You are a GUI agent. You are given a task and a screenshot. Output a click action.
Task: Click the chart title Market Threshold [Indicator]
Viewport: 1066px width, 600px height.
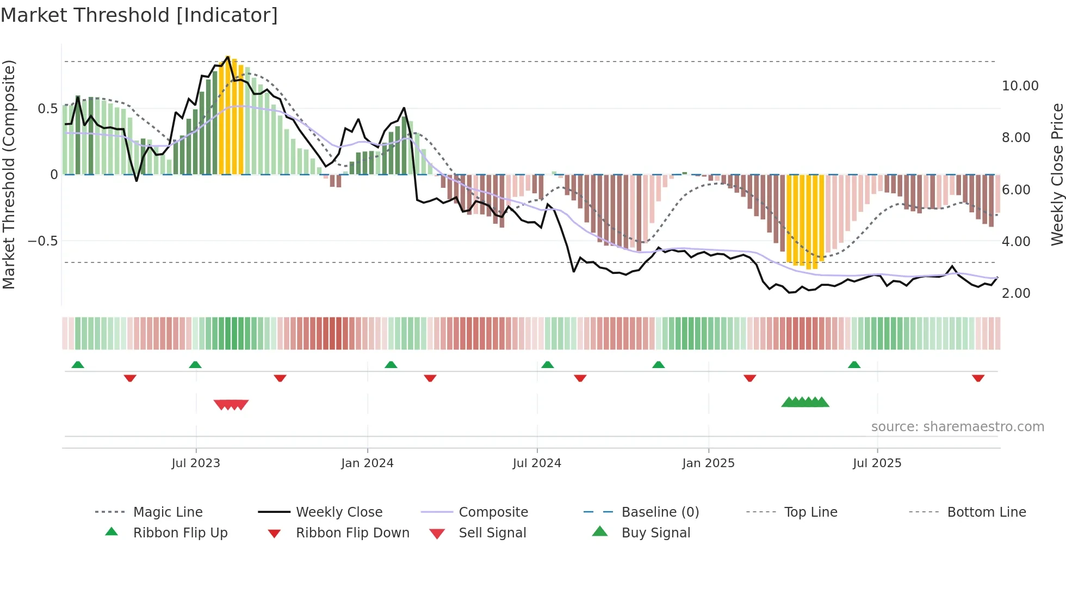tap(139, 15)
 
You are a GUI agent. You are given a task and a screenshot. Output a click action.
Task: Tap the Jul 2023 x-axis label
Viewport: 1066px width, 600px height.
tap(196, 463)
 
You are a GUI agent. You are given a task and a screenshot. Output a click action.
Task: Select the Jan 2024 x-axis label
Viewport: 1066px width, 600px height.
tap(367, 463)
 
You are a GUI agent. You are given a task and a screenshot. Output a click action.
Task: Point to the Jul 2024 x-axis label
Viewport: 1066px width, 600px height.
tap(537, 463)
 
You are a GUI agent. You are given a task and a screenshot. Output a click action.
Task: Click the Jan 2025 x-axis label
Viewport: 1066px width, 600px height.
tap(708, 463)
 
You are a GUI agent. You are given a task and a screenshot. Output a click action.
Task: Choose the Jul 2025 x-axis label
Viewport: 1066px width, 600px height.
tap(877, 463)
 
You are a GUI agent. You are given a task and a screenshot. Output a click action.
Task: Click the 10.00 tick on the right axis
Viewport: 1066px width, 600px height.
tap(1020, 86)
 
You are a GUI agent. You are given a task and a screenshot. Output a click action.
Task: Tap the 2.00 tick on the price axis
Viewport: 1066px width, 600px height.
tap(1016, 293)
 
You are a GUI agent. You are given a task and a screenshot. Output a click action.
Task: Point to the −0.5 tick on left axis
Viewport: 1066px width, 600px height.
tap(42, 241)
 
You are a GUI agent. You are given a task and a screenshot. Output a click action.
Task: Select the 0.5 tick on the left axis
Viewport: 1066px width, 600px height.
tap(47, 109)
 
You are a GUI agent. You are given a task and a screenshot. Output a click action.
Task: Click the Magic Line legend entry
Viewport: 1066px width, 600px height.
tap(168, 512)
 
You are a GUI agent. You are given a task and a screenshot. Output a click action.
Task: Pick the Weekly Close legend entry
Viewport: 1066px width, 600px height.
tap(339, 512)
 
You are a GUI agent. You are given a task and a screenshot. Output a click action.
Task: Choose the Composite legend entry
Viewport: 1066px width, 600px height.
tap(493, 512)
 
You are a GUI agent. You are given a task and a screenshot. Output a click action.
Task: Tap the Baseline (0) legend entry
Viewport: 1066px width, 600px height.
tap(660, 512)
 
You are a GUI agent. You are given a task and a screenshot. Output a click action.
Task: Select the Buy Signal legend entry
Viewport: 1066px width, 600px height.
tap(655, 533)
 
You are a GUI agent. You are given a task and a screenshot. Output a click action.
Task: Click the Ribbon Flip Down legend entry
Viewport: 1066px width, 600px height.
tap(352, 533)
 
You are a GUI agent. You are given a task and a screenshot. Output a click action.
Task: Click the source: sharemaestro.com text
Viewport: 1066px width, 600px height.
tap(957, 427)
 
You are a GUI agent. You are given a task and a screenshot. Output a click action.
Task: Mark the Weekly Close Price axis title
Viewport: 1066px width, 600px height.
tap(1057, 174)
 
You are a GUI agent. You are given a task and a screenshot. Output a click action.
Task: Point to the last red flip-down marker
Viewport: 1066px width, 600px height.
tap(978, 378)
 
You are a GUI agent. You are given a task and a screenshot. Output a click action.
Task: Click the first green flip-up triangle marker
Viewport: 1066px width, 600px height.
tap(78, 365)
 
